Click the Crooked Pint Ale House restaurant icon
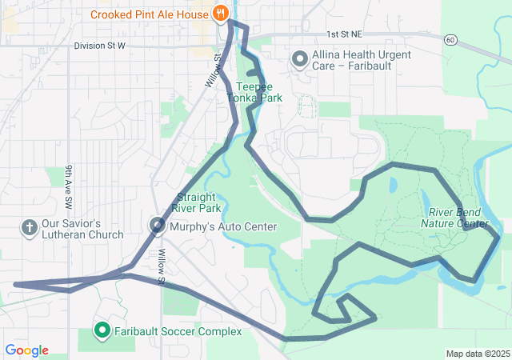click(220, 14)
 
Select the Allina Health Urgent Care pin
click(300, 59)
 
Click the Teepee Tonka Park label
click(254, 92)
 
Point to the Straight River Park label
click(198, 202)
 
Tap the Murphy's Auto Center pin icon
click(158, 226)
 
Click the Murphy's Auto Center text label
click(223, 227)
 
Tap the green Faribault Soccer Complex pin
click(102, 330)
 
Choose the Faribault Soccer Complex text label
click(178, 331)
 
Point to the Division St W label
click(100, 46)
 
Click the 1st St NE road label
click(344, 35)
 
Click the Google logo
click(26, 350)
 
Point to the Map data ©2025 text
click(477, 354)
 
